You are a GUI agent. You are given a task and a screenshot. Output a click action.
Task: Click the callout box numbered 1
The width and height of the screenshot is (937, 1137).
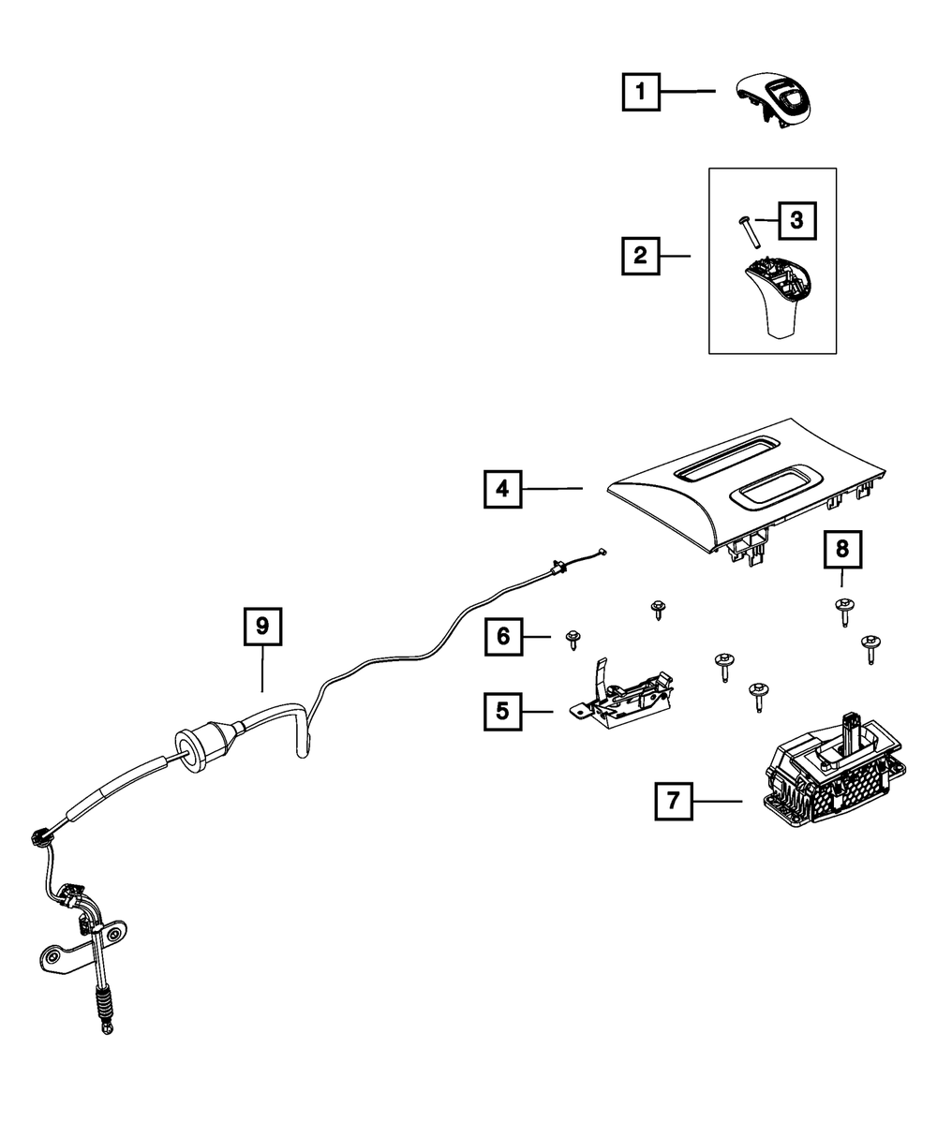pos(641,92)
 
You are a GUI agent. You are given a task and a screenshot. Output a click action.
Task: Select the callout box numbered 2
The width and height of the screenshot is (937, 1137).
pos(641,255)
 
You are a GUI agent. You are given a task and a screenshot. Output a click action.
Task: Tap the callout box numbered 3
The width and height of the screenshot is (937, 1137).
pos(796,221)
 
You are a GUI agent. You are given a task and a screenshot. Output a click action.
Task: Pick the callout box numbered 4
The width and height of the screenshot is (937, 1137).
pos(503,488)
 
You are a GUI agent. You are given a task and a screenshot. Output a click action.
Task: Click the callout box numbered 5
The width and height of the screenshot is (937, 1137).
pos(503,712)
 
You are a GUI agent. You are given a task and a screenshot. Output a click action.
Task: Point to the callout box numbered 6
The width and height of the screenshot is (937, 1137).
pos(503,638)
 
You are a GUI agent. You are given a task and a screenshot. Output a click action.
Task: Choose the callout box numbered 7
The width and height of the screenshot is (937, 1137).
pos(674,802)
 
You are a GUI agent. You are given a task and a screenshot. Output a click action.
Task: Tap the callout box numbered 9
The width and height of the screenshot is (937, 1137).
pos(262,627)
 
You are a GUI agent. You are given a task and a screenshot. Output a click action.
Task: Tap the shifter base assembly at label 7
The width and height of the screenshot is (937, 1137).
pos(829,777)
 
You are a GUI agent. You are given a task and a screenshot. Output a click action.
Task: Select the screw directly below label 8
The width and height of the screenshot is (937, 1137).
pos(843,610)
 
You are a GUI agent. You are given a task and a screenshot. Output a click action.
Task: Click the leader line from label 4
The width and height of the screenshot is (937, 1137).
pos(553,488)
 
